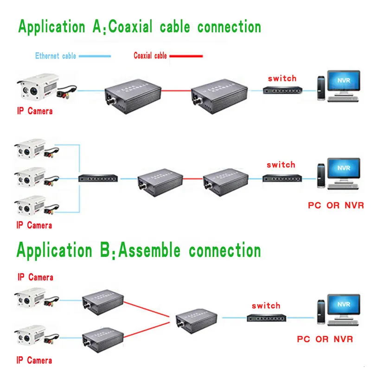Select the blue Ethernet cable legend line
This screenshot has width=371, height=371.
coord(95,56)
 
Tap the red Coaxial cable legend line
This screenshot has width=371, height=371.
coord(186,56)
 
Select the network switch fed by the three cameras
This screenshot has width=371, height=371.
coord(98,178)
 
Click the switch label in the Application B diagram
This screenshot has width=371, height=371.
coord(266,306)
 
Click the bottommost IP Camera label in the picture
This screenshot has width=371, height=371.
coord(34,360)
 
